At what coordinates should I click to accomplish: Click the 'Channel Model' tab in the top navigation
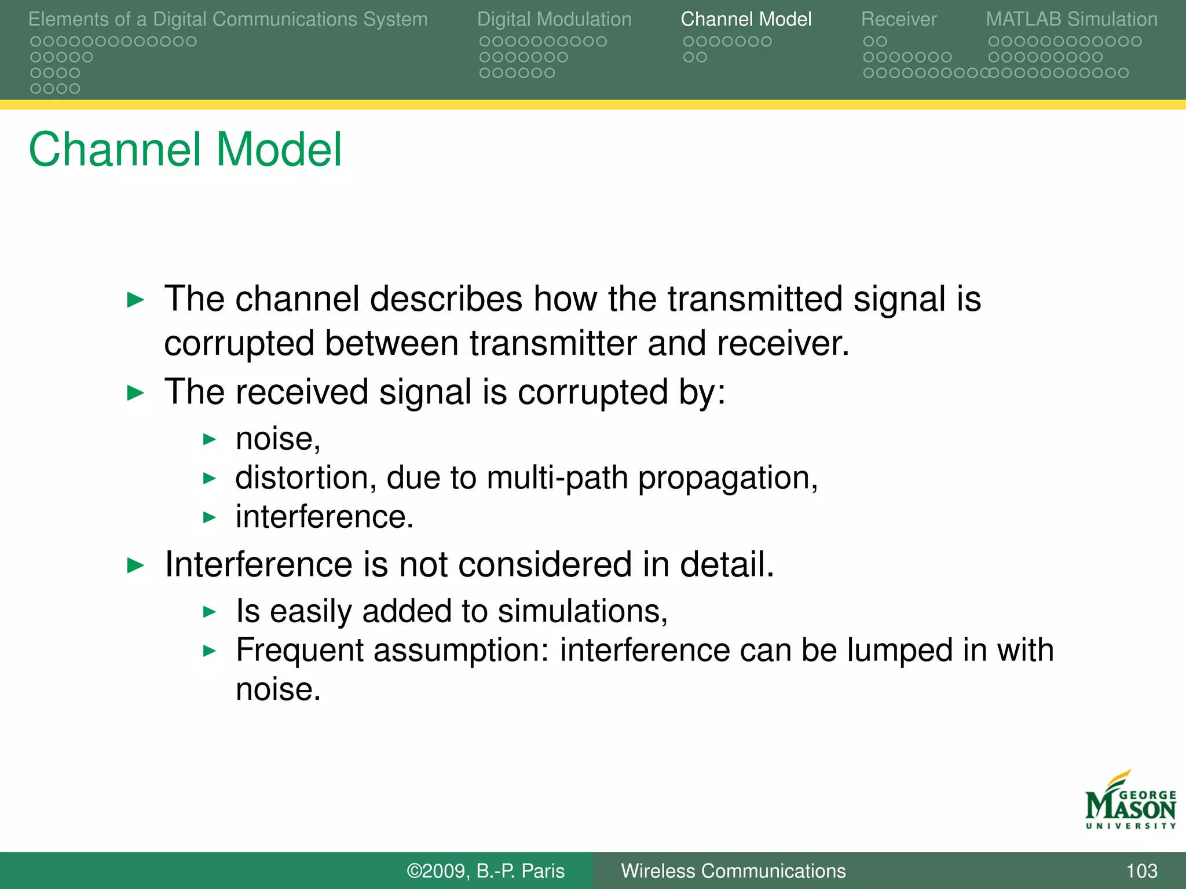tap(746, 19)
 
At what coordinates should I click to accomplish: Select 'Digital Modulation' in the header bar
tap(554, 19)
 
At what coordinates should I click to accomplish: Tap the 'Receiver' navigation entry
tap(898, 19)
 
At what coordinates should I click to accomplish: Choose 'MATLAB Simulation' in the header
tap(1071, 19)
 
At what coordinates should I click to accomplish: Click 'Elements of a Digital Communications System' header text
tap(228, 19)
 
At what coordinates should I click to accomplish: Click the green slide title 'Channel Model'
tap(185, 149)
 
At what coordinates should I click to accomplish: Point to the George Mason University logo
tap(1130, 802)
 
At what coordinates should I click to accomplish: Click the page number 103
tap(1141, 870)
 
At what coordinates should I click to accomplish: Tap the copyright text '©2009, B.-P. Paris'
tap(485, 870)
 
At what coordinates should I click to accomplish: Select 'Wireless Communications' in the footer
tap(733, 870)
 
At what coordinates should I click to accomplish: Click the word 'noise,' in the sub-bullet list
tap(278, 439)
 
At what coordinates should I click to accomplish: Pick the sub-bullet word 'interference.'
tap(324, 517)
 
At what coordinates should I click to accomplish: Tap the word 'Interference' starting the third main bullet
tap(258, 564)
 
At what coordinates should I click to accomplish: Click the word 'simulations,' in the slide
tap(583, 612)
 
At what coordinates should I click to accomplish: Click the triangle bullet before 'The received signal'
tap(135, 394)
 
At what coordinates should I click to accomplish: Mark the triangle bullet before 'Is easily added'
tap(210, 612)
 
